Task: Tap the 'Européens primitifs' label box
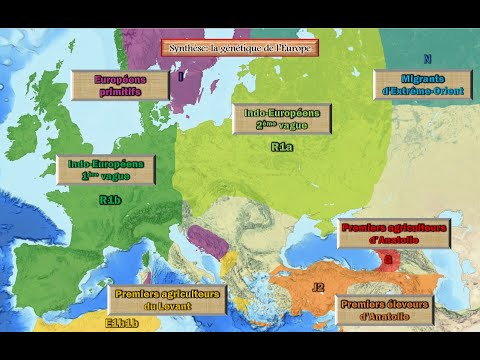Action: point(120,85)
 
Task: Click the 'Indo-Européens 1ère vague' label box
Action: point(106,169)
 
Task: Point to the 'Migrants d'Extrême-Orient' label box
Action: point(421,84)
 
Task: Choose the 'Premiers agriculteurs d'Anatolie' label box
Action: point(394,233)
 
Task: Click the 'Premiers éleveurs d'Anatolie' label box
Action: point(388,310)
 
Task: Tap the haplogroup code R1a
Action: point(282,148)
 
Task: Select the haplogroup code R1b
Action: point(110,200)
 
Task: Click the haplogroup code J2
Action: point(318,287)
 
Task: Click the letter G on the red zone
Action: point(387,261)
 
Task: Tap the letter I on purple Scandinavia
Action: point(181,76)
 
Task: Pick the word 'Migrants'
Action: point(421,78)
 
